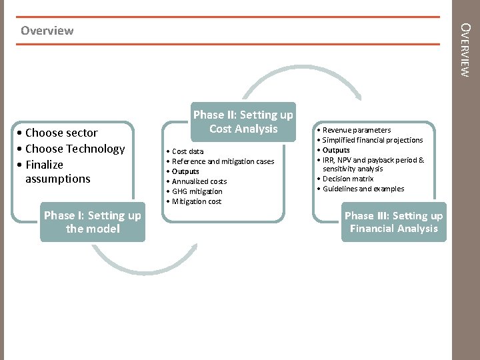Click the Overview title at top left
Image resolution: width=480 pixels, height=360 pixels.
coord(47,31)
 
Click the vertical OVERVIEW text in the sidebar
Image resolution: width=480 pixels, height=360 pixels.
coord(466,50)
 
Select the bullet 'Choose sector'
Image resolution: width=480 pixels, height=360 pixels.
coord(61,133)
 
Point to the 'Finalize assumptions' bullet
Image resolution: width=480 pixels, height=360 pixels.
coord(57,171)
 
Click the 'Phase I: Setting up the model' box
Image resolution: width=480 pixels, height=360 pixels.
coord(92,222)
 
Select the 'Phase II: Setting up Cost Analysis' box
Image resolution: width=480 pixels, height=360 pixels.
coord(243,122)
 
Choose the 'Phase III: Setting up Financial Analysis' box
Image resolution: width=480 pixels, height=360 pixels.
coord(393,222)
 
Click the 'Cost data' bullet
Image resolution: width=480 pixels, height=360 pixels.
coord(188,151)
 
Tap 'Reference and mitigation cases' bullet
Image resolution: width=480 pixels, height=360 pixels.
coord(223,161)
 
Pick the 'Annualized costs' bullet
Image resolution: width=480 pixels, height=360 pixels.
coord(199,181)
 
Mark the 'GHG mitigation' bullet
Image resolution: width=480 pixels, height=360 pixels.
coord(197,191)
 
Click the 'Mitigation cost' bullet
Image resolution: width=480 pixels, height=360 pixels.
coord(197,201)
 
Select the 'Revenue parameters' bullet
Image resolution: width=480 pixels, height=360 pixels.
coord(356,130)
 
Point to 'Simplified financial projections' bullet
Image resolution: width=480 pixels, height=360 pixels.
coord(372,140)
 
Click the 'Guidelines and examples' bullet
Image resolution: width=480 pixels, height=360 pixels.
coord(363,189)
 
